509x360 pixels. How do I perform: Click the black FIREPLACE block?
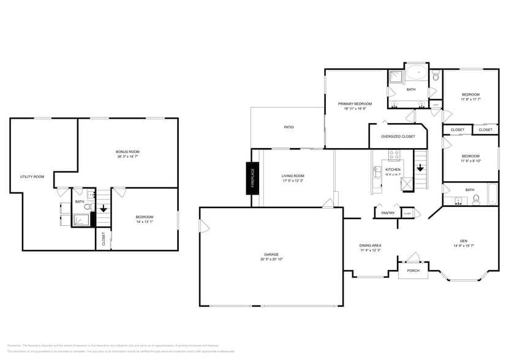pyautogui.click(x=251, y=178)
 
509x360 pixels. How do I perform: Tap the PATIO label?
pyautogui.click(x=288, y=127)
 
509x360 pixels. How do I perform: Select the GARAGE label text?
pyautogui.click(x=271, y=254)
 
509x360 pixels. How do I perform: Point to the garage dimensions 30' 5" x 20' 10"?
pyautogui.click(x=271, y=260)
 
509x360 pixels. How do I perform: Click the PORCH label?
pyautogui.click(x=413, y=270)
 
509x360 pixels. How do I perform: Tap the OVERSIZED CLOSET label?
pyautogui.click(x=398, y=137)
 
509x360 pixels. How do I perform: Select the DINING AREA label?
pyautogui.click(x=370, y=246)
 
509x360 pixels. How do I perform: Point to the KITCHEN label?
pyautogui.click(x=393, y=170)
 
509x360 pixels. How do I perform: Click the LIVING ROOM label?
pyautogui.click(x=293, y=176)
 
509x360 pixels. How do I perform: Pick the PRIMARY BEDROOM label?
pyautogui.click(x=355, y=104)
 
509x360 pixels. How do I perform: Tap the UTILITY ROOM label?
pyautogui.click(x=32, y=177)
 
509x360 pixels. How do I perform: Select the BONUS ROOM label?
pyautogui.click(x=127, y=151)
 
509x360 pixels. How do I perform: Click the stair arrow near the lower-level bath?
pyautogui.click(x=104, y=208)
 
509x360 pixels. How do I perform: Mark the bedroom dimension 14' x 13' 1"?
pyautogui.click(x=145, y=222)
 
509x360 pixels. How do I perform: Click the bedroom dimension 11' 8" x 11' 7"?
pyautogui.click(x=470, y=99)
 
